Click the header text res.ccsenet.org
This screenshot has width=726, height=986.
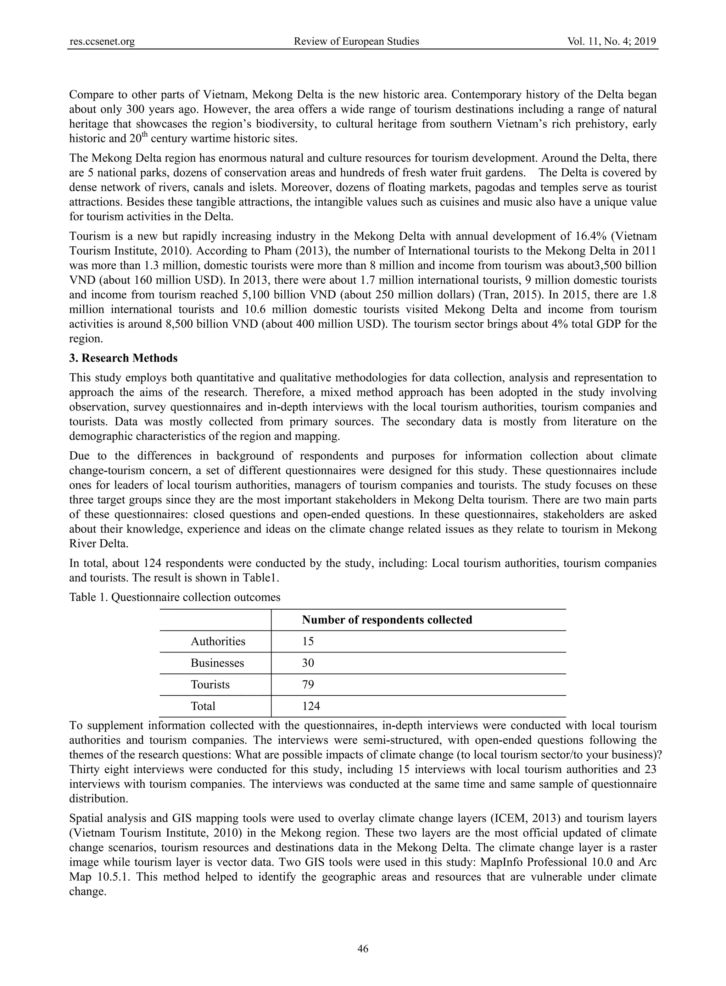[x=102, y=42]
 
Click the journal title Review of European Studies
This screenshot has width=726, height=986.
[x=356, y=42]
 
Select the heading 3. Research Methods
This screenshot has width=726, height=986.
[x=123, y=358]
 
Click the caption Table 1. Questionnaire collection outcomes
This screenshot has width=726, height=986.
[x=174, y=597]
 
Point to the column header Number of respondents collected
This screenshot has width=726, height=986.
[x=387, y=620]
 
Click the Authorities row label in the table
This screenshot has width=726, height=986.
[x=218, y=641]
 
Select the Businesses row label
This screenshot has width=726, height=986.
[x=217, y=663]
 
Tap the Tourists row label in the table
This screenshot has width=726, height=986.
[x=210, y=685]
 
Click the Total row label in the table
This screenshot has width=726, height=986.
[x=203, y=706]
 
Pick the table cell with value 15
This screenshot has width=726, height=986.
[x=308, y=641]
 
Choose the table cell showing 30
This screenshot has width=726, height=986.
[x=308, y=663]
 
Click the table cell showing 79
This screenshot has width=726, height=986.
[x=308, y=685]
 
